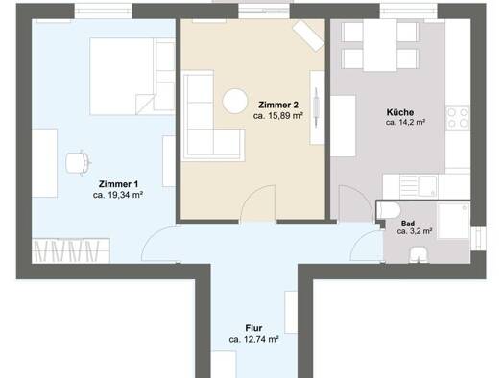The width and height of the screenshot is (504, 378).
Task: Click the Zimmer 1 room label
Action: (118, 184)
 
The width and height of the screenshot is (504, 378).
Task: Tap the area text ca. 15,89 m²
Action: (278, 116)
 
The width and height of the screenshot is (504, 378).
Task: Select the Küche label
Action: (400, 112)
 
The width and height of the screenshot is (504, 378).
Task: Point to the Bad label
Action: (408, 224)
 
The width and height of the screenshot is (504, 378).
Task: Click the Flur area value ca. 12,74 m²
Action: (253, 339)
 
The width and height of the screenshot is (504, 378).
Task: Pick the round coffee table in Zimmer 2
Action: (235, 101)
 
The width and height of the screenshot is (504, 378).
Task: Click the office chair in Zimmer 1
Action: (78, 162)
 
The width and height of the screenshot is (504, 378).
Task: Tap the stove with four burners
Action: (458, 118)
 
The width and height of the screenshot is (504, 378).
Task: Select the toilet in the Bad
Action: (389, 210)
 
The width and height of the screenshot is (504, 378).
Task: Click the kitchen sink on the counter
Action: (428, 186)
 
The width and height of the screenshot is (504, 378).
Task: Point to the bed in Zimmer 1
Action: (132, 77)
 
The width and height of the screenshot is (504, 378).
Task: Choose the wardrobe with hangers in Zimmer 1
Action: (71, 250)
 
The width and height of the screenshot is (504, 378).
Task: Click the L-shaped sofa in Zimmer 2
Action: (212, 116)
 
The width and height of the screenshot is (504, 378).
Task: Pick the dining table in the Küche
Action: (379, 45)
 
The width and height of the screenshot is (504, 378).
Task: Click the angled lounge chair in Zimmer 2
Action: (308, 35)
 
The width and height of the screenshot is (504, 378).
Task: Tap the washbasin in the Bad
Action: (419, 255)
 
